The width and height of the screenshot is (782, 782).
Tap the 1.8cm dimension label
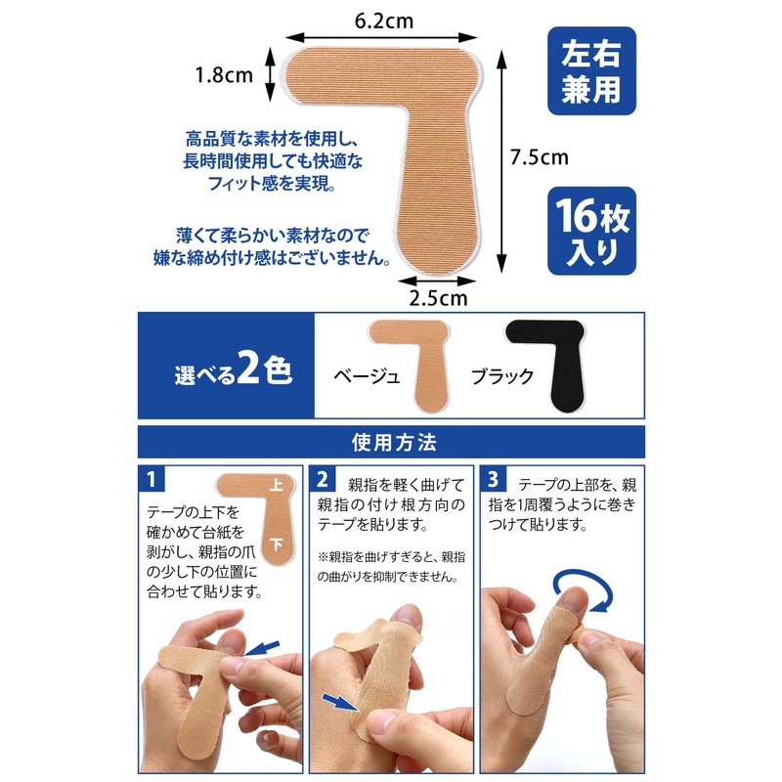tap(224, 74)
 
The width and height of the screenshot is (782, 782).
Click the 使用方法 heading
tap(391, 442)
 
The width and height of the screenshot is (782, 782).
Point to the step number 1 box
tap(152, 480)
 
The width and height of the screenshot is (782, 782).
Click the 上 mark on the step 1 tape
tap(276, 485)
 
